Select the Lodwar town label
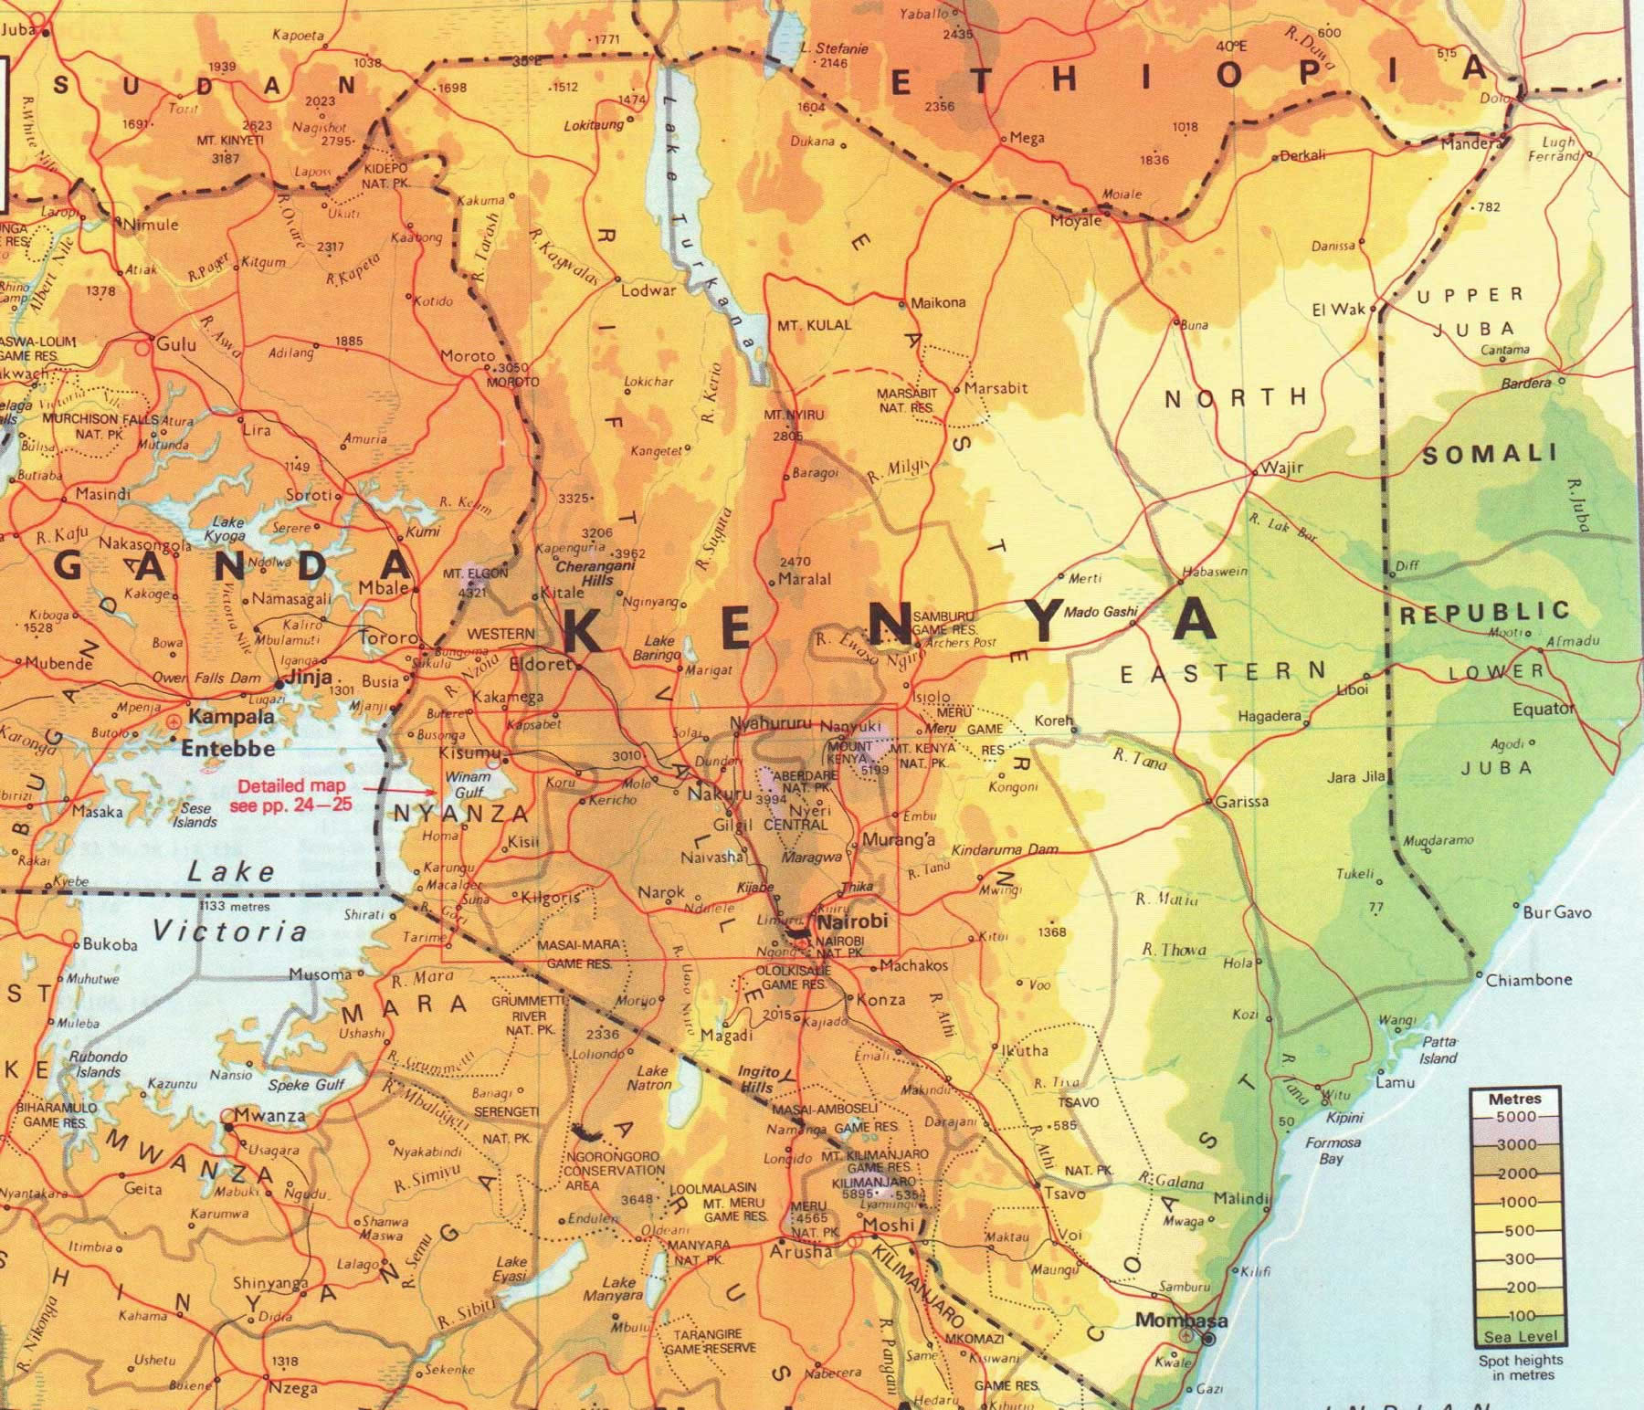coord(648,290)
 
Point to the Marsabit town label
coord(996,388)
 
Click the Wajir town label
coord(1281,468)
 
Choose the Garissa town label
coord(1242,802)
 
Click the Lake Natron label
coord(651,1078)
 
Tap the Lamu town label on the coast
coord(1395,1083)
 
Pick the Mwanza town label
coord(269,1115)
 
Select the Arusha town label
coord(801,1251)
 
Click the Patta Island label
coord(1438,1049)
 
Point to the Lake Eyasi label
coord(510,1268)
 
